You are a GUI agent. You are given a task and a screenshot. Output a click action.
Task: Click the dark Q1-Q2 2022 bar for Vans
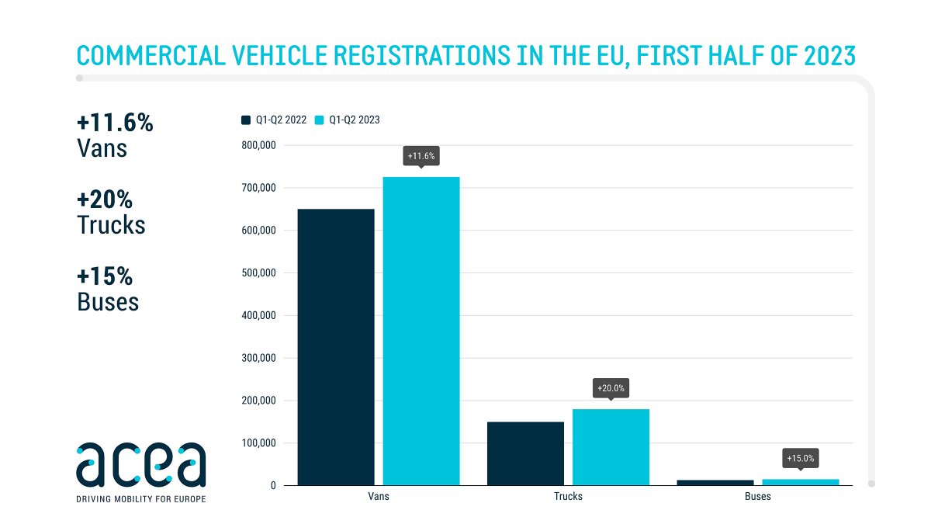point(336,347)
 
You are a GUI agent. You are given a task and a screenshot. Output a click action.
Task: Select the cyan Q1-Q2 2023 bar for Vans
point(421,331)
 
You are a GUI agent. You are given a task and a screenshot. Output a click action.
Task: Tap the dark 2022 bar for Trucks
point(525,453)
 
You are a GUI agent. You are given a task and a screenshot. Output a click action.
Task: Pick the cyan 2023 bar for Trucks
point(611,447)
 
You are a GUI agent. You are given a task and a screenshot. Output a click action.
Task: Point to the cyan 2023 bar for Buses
point(800,482)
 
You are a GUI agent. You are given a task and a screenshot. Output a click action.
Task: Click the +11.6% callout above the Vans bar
point(421,156)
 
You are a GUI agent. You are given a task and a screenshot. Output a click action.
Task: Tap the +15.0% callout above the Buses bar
point(800,459)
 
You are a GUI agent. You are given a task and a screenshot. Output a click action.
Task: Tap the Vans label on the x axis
point(378,497)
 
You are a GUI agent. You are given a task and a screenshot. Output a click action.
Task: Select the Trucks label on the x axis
point(568,497)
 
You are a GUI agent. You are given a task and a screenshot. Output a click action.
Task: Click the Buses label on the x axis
point(757,497)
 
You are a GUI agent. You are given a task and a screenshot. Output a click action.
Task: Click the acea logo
point(141,464)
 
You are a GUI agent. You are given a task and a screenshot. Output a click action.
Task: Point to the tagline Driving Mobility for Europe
point(141,498)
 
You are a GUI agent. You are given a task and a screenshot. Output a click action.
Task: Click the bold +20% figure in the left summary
point(105,200)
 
